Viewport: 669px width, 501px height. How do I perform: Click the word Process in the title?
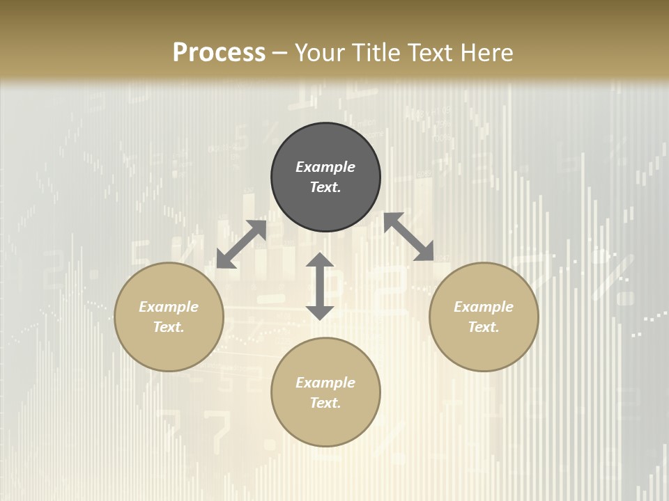[219, 53]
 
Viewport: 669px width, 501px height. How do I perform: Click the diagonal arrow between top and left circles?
[241, 244]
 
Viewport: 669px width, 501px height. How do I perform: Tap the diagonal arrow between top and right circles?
[408, 237]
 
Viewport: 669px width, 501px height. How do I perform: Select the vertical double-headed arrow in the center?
[320, 286]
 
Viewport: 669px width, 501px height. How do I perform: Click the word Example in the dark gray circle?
[325, 167]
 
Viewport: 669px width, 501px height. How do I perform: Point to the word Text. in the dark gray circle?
[325, 187]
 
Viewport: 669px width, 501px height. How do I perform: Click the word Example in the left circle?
[169, 307]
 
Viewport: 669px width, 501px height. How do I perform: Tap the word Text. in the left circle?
[169, 327]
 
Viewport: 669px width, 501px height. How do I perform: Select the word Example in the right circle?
[484, 307]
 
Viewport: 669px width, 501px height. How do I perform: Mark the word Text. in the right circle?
[484, 327]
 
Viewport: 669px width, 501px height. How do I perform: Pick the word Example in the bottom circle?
[325, 383]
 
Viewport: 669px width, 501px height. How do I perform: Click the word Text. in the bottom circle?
[325, 403]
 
